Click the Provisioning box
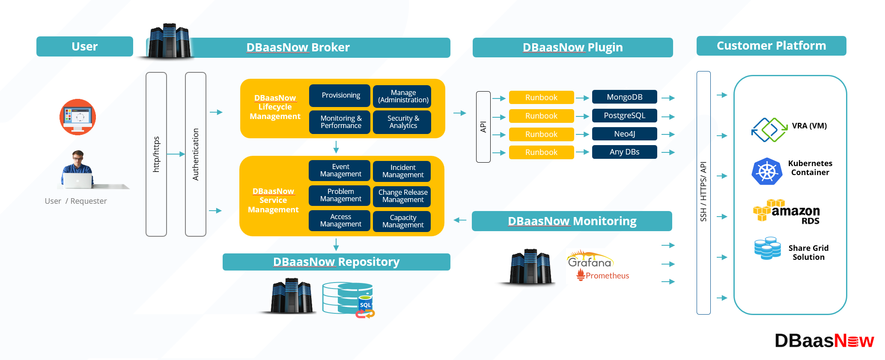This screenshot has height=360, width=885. (x=340, y=95)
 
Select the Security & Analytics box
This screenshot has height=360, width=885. (x=402, y=122)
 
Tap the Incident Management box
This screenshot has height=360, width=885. (x=402, y=171)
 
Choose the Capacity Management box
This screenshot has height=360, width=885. (x=402, y=221)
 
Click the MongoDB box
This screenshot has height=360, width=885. (x=624, y=97)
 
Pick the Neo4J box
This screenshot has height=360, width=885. (x=624, y=134)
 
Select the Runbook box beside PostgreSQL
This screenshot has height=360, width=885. (x=541, y=116)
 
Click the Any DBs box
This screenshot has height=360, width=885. (x=624, y=152)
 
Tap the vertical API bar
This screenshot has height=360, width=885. (x=483, y=127)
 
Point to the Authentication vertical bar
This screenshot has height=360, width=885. (x=196, y=154)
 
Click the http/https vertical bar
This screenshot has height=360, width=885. (x=156, y=154)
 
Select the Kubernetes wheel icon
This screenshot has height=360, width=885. (x=767, y=171)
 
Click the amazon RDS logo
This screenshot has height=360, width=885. (x=787, y=211)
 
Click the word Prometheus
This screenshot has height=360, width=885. (x=607, y=276)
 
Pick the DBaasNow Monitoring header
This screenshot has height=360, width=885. (x=572, y=221)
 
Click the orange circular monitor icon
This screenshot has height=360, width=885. (x=77, y=117)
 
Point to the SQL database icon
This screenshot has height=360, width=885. (x=349, y=299)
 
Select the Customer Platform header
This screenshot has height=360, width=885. (x=771, y=46)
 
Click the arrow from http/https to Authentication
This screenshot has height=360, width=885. (x=176, y=154)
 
